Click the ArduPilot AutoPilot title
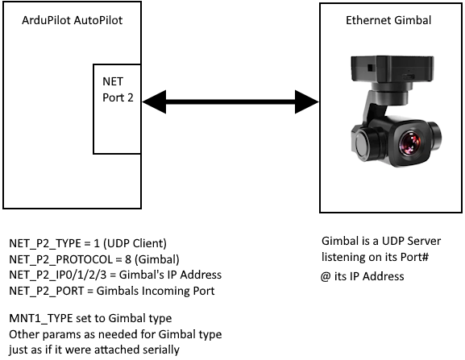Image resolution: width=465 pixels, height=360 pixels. point(72,20)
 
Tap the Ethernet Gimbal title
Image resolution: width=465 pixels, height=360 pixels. point(388,20)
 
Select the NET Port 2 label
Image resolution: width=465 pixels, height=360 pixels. point(118,89)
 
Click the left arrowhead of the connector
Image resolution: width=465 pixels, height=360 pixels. point(154,102)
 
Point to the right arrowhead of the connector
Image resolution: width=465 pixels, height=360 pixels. point(307,102)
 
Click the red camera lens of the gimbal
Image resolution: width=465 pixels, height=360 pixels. point(410,143)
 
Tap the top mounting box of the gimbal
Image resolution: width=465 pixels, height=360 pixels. point(392,68)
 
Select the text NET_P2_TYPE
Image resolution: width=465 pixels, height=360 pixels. point(45,243)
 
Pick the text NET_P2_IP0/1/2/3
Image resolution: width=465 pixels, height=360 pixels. point(57,275)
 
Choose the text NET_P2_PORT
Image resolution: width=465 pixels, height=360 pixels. point(47,291)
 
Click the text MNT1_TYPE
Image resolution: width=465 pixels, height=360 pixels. point(41,318)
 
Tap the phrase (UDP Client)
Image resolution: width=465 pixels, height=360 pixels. point(135,243)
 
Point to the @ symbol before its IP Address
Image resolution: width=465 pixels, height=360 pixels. point(326,277)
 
